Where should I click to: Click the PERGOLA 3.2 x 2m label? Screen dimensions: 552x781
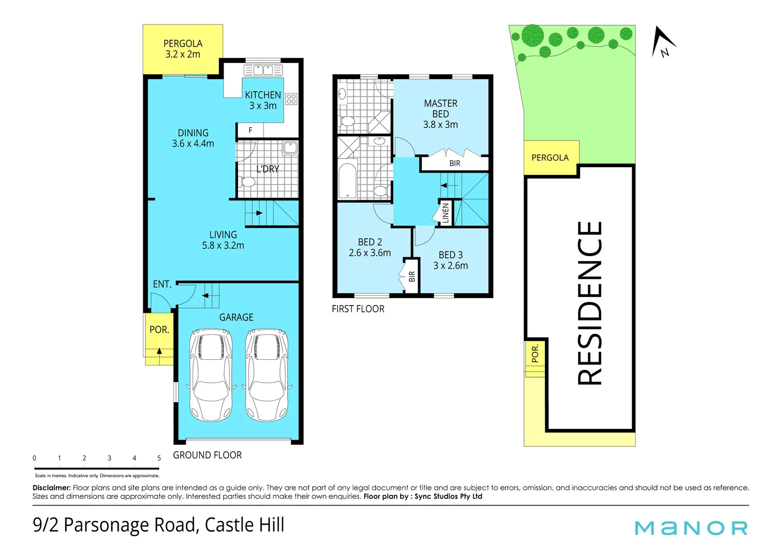coord(183,49)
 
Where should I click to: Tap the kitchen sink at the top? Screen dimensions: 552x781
coord(263,70)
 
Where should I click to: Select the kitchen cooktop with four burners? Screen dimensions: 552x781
coord(291,99)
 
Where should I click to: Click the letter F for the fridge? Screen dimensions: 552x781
coord(250,130)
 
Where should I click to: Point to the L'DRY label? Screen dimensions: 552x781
coord(268,169)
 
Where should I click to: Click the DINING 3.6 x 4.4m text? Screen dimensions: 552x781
coord(193,139)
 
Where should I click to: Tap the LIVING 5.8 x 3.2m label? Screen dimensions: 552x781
coord(223,240)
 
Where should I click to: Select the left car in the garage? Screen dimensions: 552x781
coord(211,375)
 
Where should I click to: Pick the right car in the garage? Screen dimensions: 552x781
coord(266,375)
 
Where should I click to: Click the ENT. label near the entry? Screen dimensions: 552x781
coord(162,284)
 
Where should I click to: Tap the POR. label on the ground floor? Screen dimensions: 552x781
coord(159,330)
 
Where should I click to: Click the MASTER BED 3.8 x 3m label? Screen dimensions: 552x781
coord(440,114)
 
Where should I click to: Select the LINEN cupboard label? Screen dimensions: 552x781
coord(445,213)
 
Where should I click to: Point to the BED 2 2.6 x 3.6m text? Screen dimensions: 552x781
coord(370,247)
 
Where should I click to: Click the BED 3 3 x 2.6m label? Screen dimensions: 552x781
coord(450,260)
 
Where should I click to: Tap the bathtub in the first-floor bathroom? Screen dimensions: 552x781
coord(348,179)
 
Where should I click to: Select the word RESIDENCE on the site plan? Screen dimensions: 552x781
coord(590,303)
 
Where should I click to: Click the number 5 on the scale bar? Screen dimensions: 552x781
coord(159,458)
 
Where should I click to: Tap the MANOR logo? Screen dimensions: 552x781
coord(691,528)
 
